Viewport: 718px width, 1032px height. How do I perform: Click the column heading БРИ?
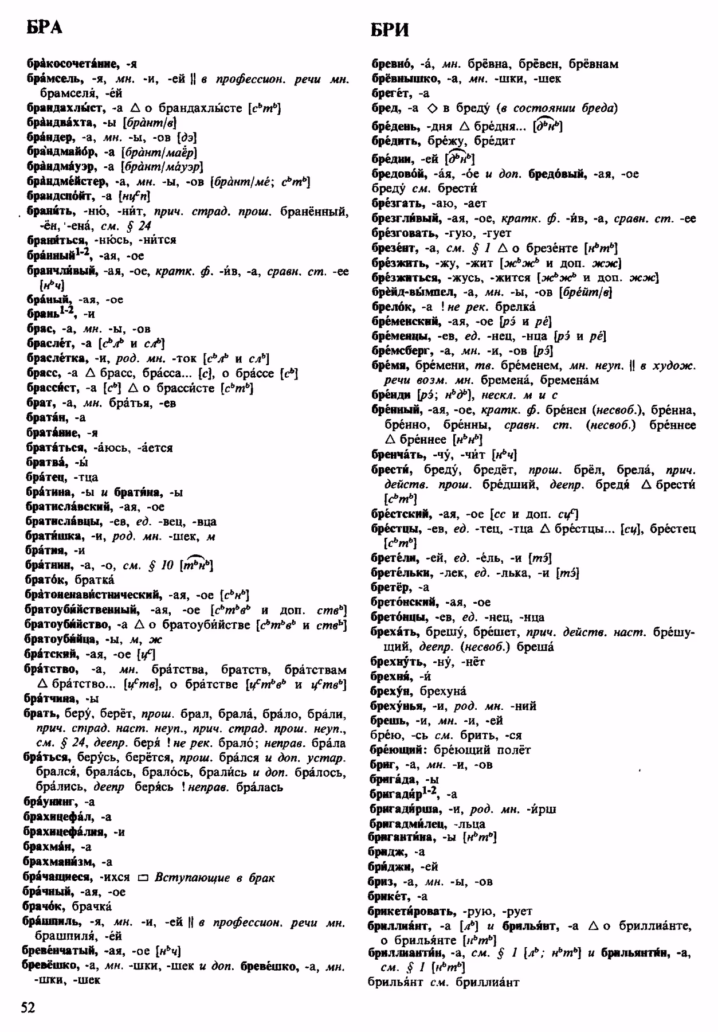pos(390,29)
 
